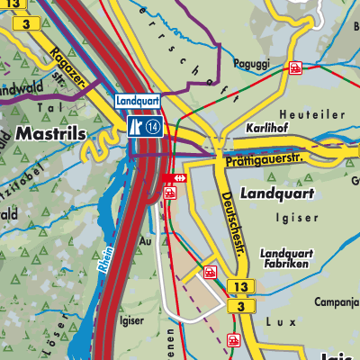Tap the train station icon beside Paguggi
[x=295, y=67]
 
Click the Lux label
[x=280, y=319]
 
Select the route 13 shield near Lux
[x=238, y=287]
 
